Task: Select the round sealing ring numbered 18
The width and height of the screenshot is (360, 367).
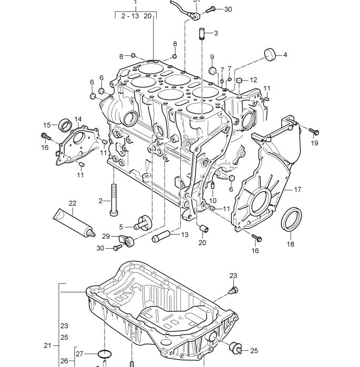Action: click(x=293, y=219)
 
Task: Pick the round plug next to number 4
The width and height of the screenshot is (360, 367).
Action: click(x=270, y=54)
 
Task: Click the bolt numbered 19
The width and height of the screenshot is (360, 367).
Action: click(x=312, y=130)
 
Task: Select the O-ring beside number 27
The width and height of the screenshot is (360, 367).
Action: click(x=105, y=354)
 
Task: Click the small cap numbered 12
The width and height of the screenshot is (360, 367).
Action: click(x=240, y=80)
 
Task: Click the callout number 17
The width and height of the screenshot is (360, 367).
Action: click(x=297, y=189)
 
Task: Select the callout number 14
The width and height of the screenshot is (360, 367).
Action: click(x=77, y=119)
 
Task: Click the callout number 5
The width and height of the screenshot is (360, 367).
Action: click(x=121, y=227)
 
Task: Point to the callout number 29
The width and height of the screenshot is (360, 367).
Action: click(x=105, y=237)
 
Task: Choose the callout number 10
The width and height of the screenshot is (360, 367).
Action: click(x=212, y=200)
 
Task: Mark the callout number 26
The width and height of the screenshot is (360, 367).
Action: click(x=64, y=361)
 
